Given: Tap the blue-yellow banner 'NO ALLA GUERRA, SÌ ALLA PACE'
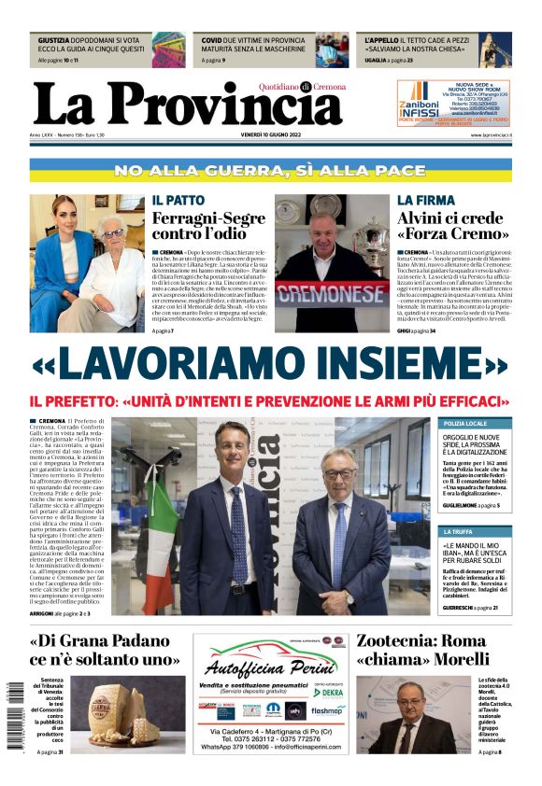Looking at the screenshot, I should click(271, 171).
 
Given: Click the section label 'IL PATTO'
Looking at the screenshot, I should click(178, 201).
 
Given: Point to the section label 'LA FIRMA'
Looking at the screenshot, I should click(425, 201).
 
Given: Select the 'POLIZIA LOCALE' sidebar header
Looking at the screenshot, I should click(465, 424).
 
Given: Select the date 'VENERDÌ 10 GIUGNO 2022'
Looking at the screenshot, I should click(272, 136).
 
